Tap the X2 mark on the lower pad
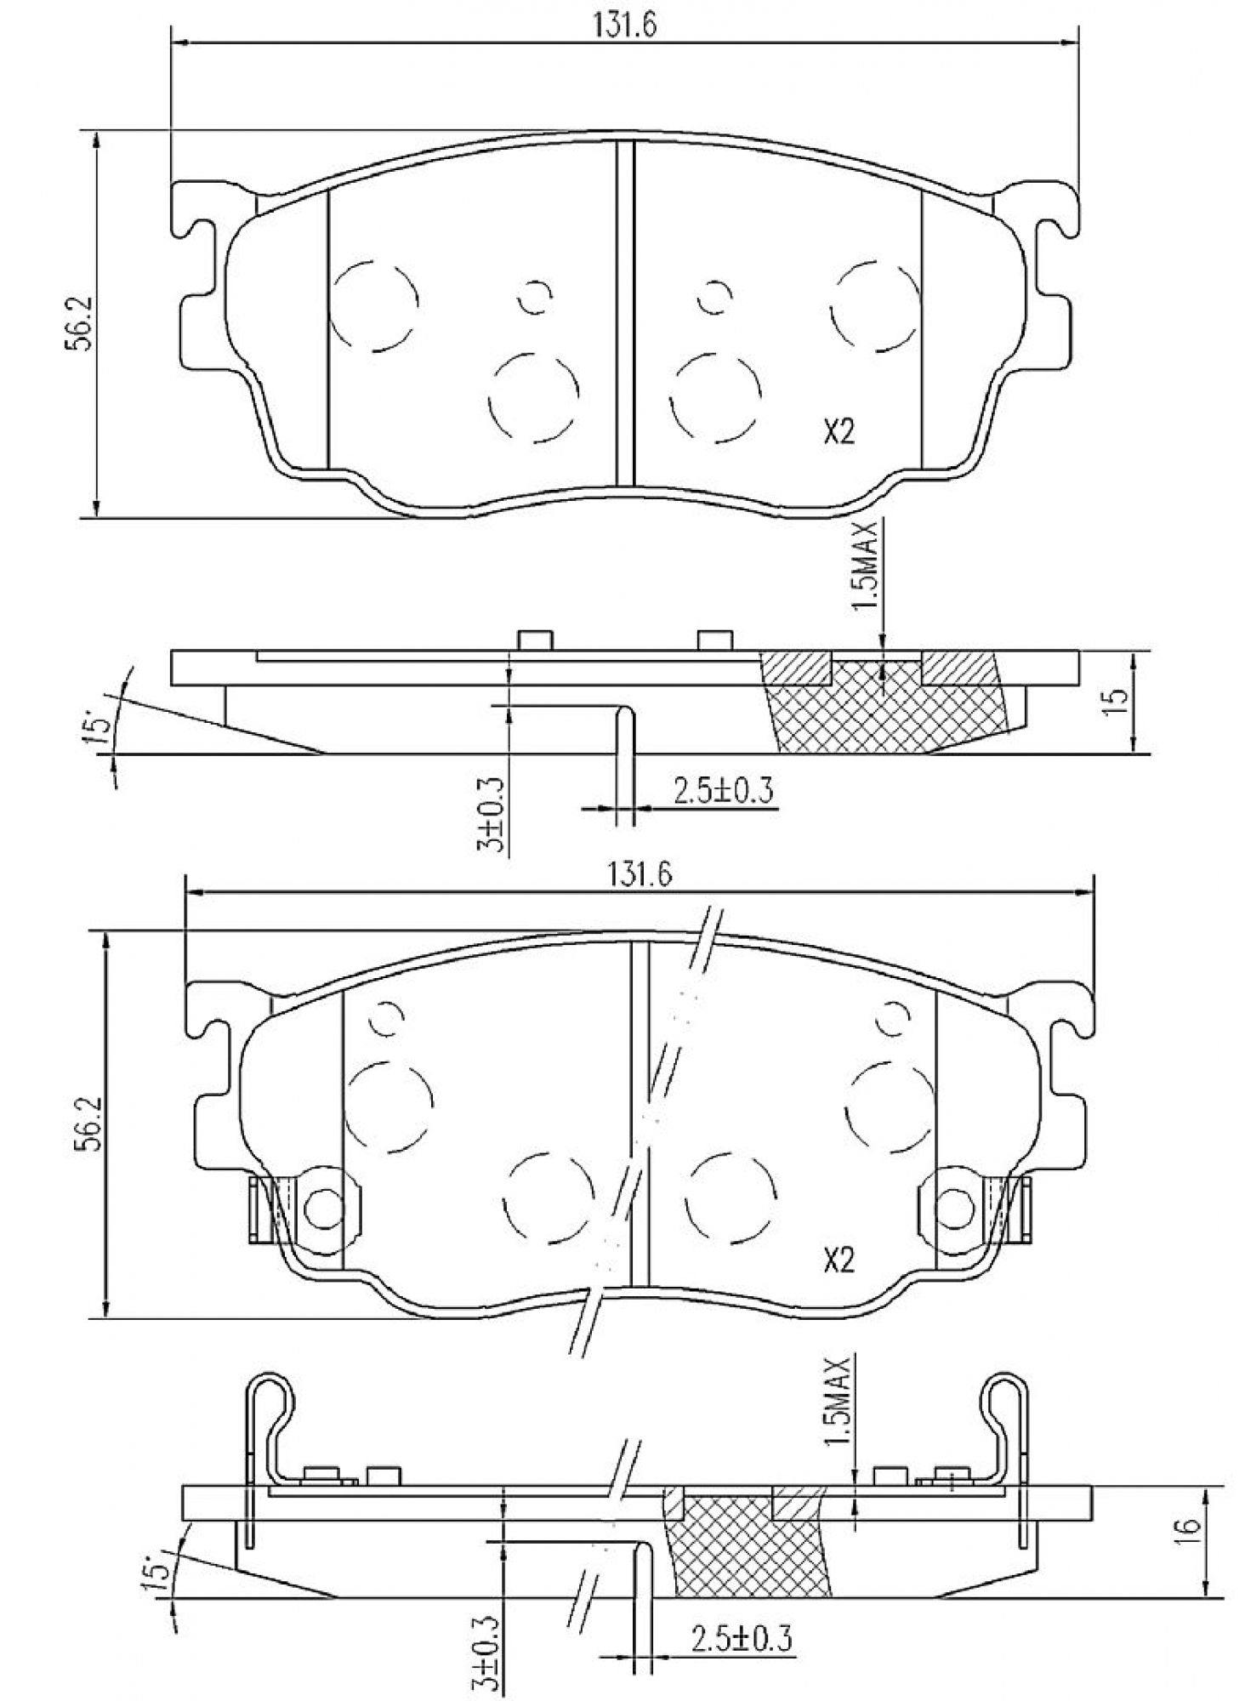(x=838, y=1261)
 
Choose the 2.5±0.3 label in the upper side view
(x=723, y=792)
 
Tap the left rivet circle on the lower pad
(x=322, y=1209)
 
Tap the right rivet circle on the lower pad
(x=956, y=1209)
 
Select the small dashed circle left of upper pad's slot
(x=535, y=296)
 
